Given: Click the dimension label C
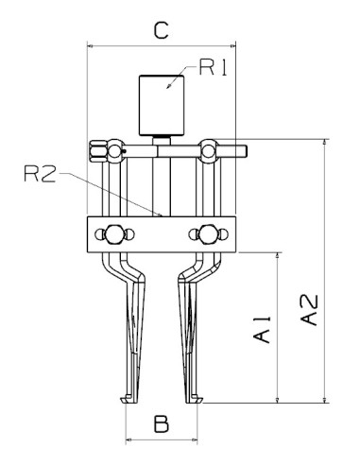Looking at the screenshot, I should (161, 30).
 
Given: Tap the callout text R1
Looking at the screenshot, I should (214, 68).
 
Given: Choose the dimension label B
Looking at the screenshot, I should (162, 423).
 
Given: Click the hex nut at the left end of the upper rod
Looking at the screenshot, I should (96, 148).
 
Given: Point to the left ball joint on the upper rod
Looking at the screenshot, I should (114, 148).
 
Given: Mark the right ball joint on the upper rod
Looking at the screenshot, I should (210, 148).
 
